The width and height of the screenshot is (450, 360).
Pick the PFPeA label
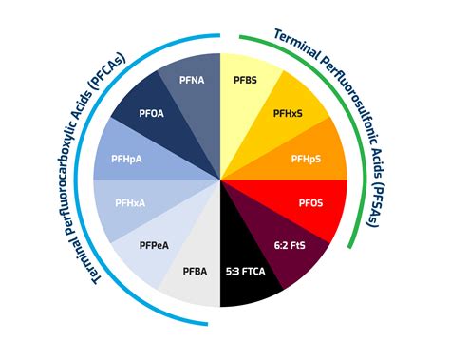click(155, 245)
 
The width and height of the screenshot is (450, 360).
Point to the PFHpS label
click(308, 158)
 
